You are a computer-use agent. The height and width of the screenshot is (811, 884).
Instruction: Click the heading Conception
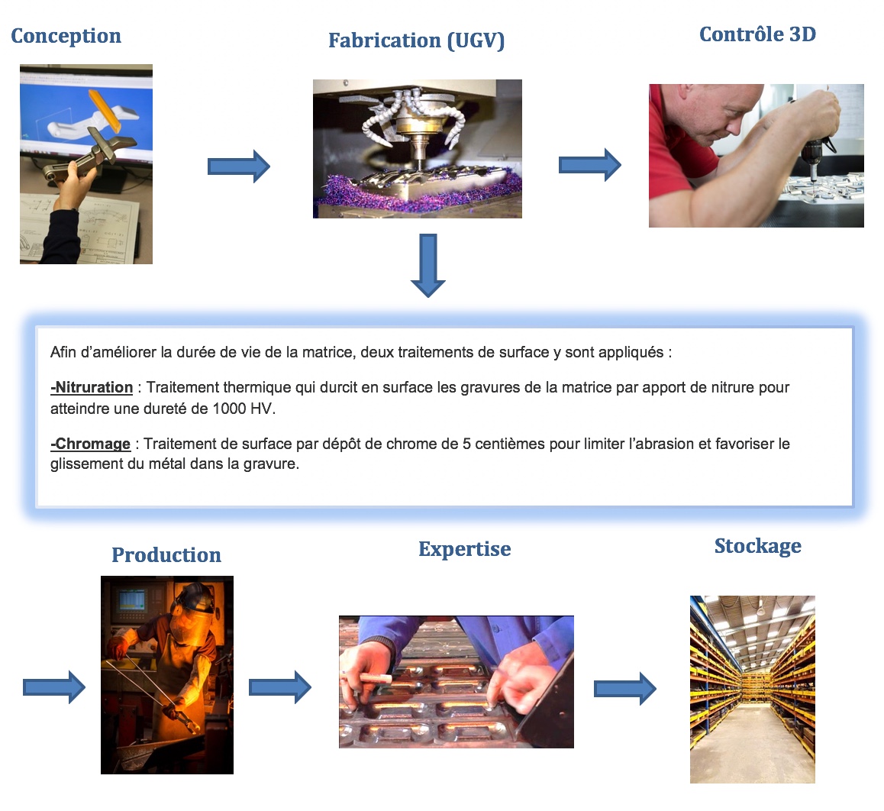pos(66,36)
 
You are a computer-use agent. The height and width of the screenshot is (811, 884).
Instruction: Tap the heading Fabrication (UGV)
pos(417,40)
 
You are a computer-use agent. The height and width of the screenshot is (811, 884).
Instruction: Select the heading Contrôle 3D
pos(758,34)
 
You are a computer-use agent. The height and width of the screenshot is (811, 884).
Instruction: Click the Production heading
pos(166,555)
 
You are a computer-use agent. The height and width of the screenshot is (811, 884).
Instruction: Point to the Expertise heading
pos(465,549)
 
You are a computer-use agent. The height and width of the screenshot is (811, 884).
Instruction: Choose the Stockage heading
pos(758,546)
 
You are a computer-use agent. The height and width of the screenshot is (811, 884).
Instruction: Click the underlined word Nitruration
pos(92,387)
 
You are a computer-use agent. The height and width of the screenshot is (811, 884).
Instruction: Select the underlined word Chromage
pos(91,444)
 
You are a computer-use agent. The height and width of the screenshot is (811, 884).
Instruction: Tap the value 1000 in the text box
pos(229,409)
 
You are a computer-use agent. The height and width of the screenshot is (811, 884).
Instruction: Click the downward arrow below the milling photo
pos(428,265)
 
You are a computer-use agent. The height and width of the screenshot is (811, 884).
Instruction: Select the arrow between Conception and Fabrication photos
pos(239,166)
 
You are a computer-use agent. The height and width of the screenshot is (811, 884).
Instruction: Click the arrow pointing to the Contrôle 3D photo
pos(590,165)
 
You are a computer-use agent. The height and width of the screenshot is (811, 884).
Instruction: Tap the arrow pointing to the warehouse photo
pos(625,688)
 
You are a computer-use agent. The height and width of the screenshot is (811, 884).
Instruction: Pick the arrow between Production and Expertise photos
pos(280,687)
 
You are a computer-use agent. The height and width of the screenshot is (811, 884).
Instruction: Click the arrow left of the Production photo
pos(54,687)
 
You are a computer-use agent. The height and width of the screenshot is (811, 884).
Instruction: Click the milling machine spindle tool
pos(418,150)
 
